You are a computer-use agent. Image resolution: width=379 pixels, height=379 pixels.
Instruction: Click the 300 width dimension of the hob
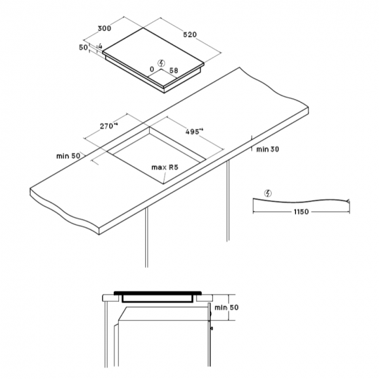pyautogui.click(x=105, y=28)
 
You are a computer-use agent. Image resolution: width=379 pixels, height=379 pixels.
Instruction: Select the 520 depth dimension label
pyautogui.click(x=189, y=35)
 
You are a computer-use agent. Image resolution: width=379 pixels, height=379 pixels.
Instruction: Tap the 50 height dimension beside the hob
pyautogui.click(x=84, y=47)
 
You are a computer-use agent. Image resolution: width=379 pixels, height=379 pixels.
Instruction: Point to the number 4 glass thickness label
pyautogui.click(x=100, y=46)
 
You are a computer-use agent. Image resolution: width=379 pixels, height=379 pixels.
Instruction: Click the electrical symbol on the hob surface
pyautogui.click(x=161, y=63)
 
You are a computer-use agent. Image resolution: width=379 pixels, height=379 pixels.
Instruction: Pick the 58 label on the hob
pyautogui.click(x=174, y=71)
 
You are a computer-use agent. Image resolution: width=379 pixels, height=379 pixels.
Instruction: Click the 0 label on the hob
pyautogui.click(x=152, y=69)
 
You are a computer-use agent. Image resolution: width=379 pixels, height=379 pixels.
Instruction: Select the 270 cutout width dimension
pyautogui.click(x=108, y=125)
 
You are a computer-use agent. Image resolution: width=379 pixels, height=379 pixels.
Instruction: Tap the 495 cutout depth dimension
pyautogui.click(x=194, y=131)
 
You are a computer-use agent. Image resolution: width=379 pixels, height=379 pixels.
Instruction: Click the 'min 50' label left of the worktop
pyautogui.click(x=68, y=156)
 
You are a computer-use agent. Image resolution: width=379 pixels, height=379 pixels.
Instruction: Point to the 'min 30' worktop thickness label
pyautogui.click(x=267, y=150)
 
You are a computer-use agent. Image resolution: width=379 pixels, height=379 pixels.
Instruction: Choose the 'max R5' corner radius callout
pyautogui.click(x=165, y=167)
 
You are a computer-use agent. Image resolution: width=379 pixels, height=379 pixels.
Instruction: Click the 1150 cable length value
pyautogui.click(x=301, y=212)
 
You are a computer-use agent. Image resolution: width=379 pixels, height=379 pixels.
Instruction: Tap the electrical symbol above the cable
pyautogui.click(x=268, y=193)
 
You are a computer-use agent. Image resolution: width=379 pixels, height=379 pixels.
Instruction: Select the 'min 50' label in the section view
pyautogui.click(x=227, y=308)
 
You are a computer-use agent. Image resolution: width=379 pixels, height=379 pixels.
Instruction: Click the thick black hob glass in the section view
pyautogui.click(x=157, y=293)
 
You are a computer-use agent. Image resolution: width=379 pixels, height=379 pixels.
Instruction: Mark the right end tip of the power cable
pyautogui.click(x=349, y=201)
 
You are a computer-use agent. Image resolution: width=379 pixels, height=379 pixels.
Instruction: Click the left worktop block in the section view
pyautogui.click(x=110, y=298)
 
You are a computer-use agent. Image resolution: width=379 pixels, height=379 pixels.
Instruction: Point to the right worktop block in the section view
pyautogui.click(x=205, y=298)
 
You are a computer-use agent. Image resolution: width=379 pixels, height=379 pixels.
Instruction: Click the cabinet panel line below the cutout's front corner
pyautogui.click(x=146, y=237)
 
